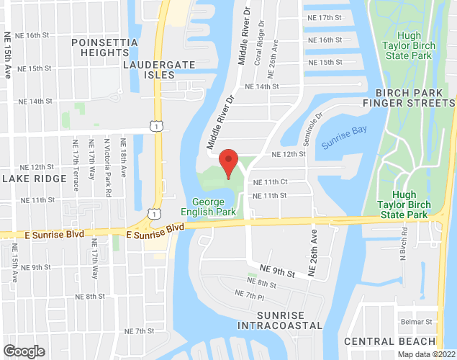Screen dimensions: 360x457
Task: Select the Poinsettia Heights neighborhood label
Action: tap(104, 48)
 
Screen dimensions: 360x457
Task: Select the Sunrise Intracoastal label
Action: tap(280, 320)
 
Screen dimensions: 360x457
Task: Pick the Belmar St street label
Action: tap(417, 322)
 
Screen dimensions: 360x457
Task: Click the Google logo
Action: tap(23, 351)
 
